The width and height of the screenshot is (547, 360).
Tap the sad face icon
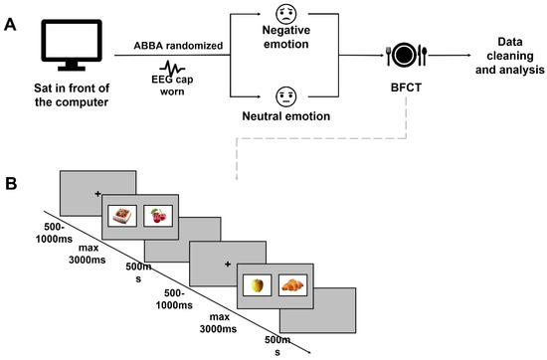286,14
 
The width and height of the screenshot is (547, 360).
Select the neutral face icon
286,96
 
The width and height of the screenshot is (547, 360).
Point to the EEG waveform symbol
172,68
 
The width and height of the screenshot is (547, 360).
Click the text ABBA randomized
178,46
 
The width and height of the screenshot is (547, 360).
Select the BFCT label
406,88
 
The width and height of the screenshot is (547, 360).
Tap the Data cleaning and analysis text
509,56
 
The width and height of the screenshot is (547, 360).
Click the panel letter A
10,25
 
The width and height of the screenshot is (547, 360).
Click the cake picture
122,216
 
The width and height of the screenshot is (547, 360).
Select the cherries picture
158,216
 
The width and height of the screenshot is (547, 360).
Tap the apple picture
258,285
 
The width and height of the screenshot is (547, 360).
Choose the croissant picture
292,285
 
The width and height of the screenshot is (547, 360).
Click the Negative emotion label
286,37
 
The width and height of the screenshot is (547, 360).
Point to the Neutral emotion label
286,116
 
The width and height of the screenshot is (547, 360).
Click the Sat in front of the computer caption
72,95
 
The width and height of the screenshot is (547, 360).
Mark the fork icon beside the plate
389,56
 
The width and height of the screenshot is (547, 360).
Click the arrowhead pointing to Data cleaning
468,55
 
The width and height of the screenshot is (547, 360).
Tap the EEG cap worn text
172,86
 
